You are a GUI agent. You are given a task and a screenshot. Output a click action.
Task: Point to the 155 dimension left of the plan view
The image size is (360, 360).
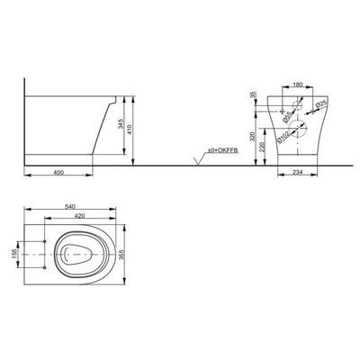click(14, 255)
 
